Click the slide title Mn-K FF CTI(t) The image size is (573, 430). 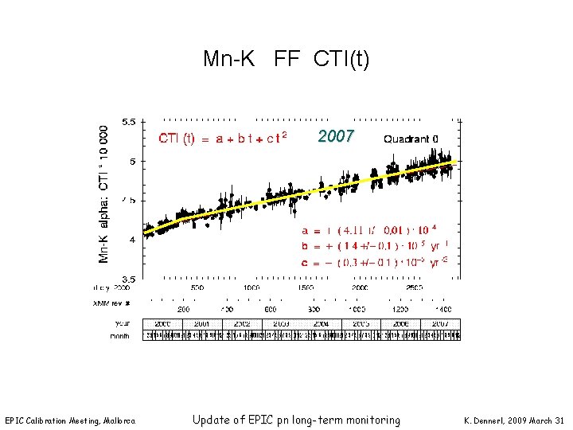(286, 59)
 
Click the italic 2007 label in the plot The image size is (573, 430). (335, 136)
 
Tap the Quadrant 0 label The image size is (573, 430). (411, 139)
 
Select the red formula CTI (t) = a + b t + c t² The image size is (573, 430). (222, 139)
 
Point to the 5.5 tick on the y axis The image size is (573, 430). (128, 123)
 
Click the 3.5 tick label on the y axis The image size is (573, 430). (128, 279)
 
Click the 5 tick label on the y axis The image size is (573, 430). (132, 162)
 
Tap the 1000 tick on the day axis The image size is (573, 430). (251, 287)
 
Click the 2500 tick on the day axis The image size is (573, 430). (414, 287)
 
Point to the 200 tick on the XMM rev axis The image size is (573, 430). (182, 308)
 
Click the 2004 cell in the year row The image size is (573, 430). (321, 324)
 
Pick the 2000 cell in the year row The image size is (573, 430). (162, 324)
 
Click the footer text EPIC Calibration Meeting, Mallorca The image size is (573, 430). (70, 420)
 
